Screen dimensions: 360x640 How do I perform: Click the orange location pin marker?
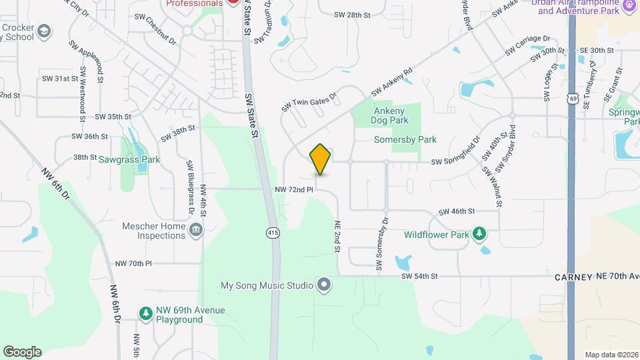320,159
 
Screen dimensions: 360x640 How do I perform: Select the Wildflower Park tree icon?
479,233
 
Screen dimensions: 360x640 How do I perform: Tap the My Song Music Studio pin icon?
324,285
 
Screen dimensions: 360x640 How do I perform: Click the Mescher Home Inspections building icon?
196,231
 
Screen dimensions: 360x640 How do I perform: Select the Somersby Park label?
405,140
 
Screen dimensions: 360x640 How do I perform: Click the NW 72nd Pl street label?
294,190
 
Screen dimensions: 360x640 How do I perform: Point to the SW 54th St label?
419,276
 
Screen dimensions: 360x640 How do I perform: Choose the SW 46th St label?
457,211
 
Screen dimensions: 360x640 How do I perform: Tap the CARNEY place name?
573,277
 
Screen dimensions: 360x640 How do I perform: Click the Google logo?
22,351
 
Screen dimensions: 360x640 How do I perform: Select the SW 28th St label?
352,15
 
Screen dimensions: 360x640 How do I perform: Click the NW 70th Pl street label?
133,264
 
